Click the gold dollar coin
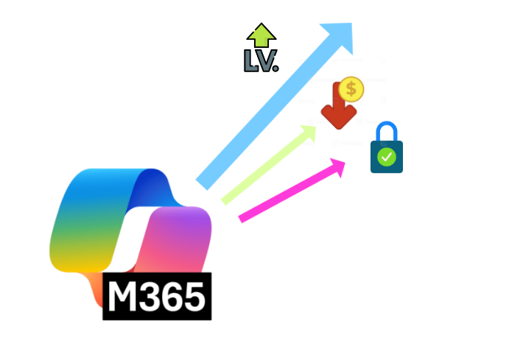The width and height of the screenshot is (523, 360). [x=351, y=89]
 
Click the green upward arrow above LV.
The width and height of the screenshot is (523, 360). [x=261, y=36]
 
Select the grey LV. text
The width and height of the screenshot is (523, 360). [x=260, y=60]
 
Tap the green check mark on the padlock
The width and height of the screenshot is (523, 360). [x=387, y=156]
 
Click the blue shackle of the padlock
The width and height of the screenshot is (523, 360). [x=386, y=133]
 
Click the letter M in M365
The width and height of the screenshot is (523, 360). [x=122, y=297]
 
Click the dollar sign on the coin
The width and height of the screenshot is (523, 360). [x=351, y=89]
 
